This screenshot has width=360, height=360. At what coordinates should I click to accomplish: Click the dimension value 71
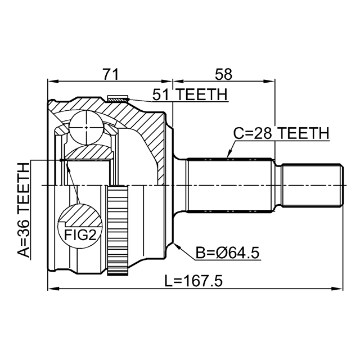(x=111, y=74)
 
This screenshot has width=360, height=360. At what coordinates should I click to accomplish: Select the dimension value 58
(x=223, y=74)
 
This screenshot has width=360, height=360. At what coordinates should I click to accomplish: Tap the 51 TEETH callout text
(x=190, y=94)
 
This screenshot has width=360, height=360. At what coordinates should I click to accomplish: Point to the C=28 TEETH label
(x=281, y=133)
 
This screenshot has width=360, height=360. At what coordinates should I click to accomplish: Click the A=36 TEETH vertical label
(x=24, y=210)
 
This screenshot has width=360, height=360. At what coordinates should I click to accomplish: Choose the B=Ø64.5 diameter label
(x=227, y=253)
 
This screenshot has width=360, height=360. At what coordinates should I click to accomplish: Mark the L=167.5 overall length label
(x=193, y=281)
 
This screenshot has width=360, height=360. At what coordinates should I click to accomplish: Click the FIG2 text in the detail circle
(x=80, y=235)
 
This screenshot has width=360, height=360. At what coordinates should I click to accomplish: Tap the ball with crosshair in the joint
(x=87, y=128)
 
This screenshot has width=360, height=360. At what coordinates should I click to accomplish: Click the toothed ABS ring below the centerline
(x=118, y=230)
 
